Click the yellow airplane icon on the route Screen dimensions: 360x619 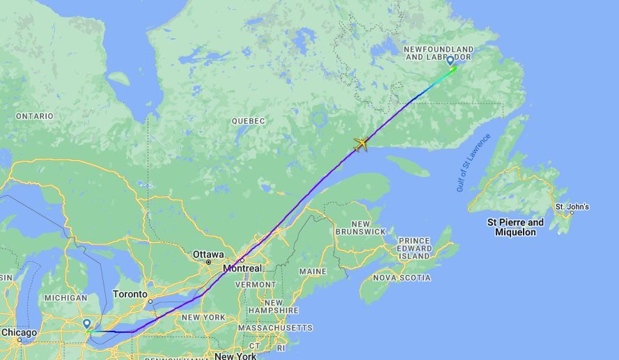coord(361,144)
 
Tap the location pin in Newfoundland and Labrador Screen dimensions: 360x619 coord(450,61)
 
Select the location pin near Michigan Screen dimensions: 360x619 coord(86,324)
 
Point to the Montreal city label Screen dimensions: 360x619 coord(242,268)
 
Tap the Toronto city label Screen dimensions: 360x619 coord(130,294)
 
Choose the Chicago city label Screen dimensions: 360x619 coord(19,333)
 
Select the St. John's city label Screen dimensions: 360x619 coord(572,207)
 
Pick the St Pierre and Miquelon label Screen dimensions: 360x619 coord(516,227)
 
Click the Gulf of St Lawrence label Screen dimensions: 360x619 coord(473,162)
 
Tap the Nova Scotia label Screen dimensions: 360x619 coord(402,277)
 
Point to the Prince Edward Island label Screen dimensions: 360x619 coord(414,248)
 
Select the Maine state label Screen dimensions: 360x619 coord(312,271)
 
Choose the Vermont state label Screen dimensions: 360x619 coord(256,284)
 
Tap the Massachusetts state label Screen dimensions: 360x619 coord(275,327)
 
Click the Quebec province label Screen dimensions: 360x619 coord(249,121)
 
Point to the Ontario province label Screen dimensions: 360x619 coord(34,116)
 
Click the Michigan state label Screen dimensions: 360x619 coord(65,298)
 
